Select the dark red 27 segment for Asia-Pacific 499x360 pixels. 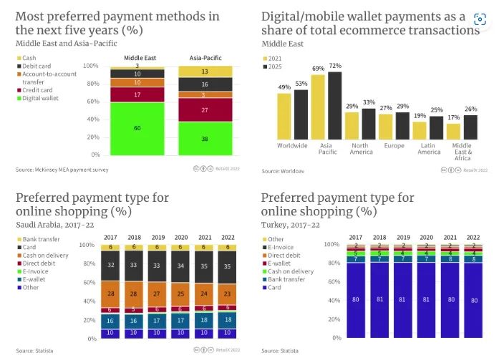[x=205, y=110]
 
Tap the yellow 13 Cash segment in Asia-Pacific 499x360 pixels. [x=205, y=71]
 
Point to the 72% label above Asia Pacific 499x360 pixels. [x=334, y=66]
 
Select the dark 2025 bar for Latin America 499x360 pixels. [x=436, y=127]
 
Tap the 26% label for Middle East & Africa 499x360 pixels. [x=470, y=109]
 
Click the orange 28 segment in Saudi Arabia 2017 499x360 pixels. [x=111, y=293]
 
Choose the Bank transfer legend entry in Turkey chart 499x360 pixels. [x=290, y=281]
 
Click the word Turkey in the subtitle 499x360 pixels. [x=273, y=224]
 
